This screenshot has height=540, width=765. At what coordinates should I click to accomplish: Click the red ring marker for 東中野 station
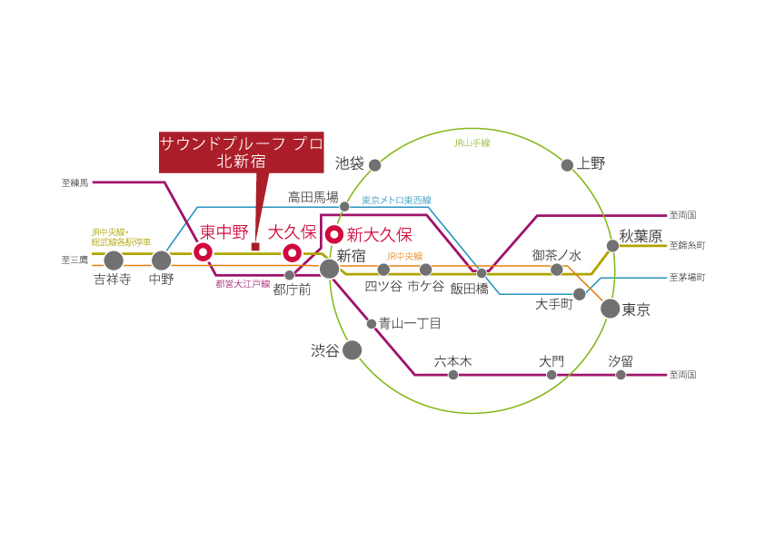tap(203, 252)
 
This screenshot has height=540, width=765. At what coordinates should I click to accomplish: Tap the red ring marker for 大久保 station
tap(293, 253)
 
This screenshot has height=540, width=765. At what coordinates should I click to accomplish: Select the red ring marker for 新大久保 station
tap(334, 234)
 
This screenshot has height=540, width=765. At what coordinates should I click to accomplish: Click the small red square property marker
tap(255, 247)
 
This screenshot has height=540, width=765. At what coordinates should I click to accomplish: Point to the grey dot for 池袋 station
tap(374, 165)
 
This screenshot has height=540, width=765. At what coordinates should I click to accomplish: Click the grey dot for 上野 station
tap(567, 165)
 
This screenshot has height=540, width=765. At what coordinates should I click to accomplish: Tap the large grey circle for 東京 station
tap(610, 309)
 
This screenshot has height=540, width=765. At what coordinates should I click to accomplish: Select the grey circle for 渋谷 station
tap(352, 350)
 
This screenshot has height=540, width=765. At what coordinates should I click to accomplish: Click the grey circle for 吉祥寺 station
tap(114, 260)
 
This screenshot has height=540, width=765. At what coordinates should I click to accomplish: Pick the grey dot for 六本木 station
tap(453, 375)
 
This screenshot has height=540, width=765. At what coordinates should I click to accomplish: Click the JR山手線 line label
tap(472, 142)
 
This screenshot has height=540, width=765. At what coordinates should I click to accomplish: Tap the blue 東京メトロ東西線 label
tap(396, 200)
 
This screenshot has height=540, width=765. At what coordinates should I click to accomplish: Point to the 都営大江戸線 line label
tap(243, 284)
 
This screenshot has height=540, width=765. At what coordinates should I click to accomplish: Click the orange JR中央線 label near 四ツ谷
tap(404, 256)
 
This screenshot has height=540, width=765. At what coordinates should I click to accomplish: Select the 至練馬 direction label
tap(75, 182)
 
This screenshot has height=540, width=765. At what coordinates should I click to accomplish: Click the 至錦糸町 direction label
tap(687, 245)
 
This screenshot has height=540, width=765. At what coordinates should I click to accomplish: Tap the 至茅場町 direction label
tap(687, 278)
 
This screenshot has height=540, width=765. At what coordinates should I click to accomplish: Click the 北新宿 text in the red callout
tap(241, 161)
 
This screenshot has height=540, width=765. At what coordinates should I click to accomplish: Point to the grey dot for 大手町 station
tap(579, 294)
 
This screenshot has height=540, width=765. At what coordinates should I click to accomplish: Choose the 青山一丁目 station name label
tap(410, 323)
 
